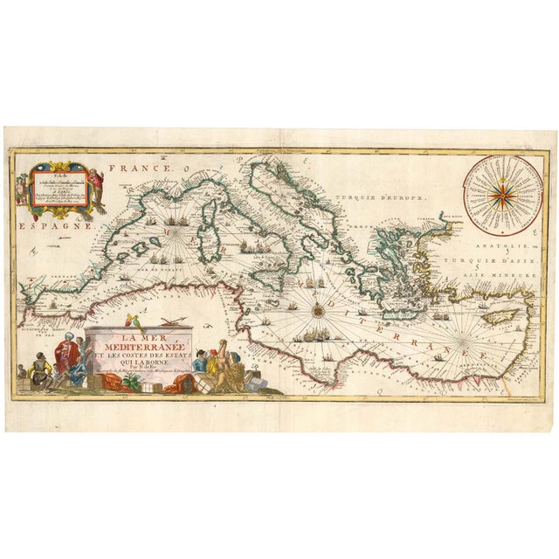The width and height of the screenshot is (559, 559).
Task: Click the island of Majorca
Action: pyautogui.click(x=139, y=247)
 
